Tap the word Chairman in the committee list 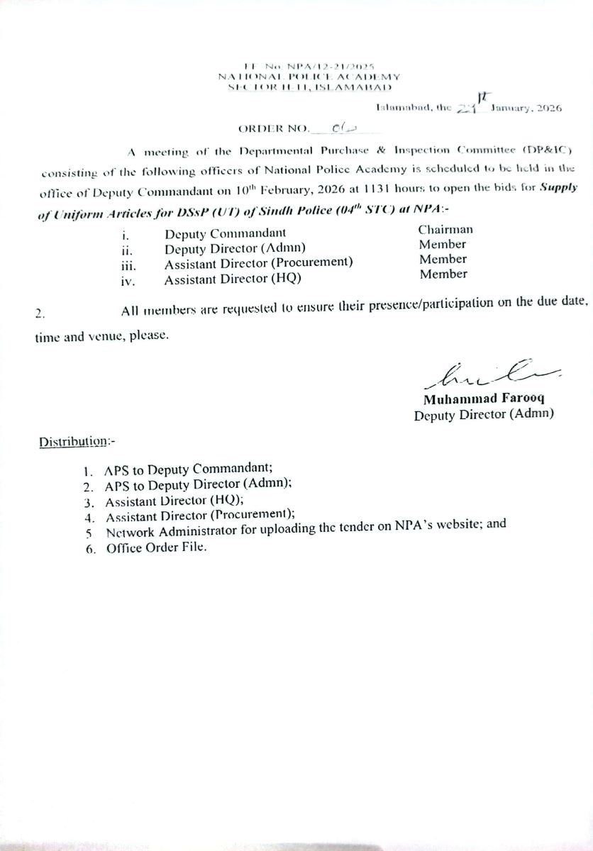click(445, 229)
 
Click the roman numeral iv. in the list click(128, 281)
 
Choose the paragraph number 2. click(40, 313)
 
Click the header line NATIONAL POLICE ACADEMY click(309, 76)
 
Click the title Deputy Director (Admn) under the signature click(483, 415)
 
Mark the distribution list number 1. click(87, 470)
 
